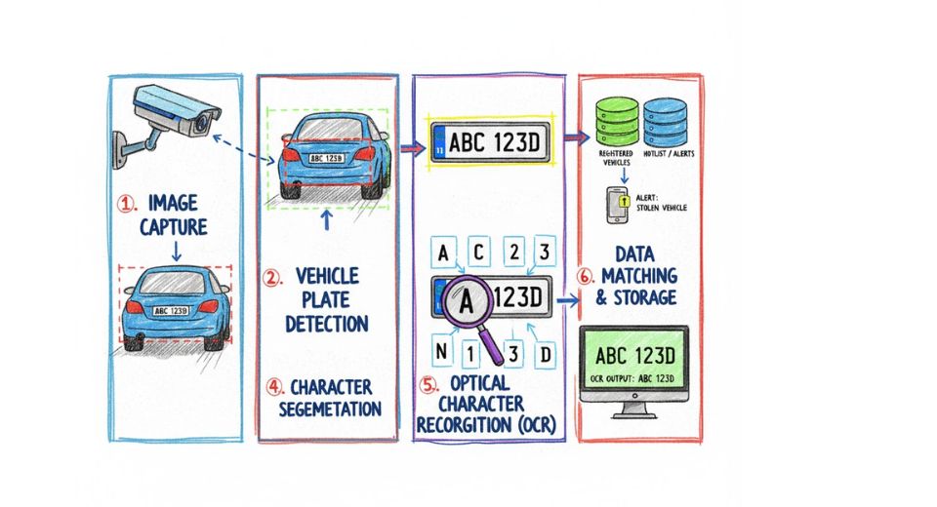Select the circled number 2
273,276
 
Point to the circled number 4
274,387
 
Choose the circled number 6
585,276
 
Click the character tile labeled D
546,353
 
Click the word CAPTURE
174,226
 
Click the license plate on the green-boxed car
327,157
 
